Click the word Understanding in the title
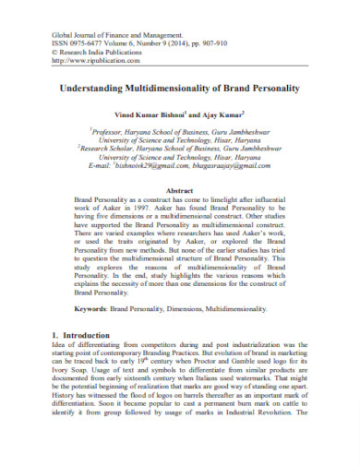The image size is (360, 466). [x=92, y=89]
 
